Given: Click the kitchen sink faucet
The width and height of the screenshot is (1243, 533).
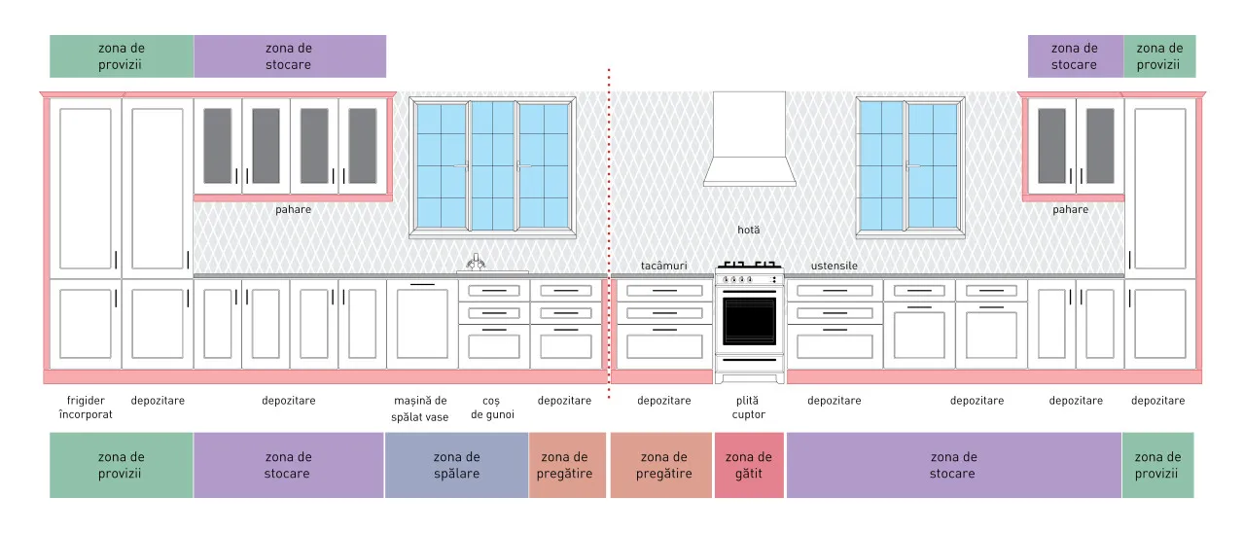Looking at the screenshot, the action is coord(476,262).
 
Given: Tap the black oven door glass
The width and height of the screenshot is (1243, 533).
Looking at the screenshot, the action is coord(749,321).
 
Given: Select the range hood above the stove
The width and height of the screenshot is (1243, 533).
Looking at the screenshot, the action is coord(749,139).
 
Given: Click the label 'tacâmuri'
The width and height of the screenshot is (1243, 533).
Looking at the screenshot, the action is coord(663,266).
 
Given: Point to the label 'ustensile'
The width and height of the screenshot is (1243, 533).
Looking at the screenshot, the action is coord(835,266).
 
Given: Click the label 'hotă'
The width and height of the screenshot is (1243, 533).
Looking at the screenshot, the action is coord(749,230).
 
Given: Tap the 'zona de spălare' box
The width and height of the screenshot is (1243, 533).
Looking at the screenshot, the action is coord(457,465).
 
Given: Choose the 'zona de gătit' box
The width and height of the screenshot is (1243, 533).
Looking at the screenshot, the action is coord(749,465).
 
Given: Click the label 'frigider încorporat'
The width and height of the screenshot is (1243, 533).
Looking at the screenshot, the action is coord(86,408).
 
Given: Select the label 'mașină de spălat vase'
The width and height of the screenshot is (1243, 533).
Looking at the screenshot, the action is coord(420,409).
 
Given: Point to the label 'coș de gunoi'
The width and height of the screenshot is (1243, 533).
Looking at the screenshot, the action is coord(492,408).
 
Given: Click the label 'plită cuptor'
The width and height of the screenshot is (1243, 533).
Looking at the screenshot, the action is coord(748,408).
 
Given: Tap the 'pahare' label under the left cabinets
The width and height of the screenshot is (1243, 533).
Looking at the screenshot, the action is coord(293,210).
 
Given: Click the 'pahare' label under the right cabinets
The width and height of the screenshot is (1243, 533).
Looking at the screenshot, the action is coord(1071,210).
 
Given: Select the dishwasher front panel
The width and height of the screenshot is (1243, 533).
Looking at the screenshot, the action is coord(422,324).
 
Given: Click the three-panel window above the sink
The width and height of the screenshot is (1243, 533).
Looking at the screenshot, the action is coord(493,167).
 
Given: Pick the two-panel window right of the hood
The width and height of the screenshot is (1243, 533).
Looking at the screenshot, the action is coord(910,167).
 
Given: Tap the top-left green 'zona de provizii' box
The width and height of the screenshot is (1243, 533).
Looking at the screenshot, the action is coord(122,56).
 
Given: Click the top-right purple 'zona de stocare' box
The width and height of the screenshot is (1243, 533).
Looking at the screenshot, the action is coord(1076,56).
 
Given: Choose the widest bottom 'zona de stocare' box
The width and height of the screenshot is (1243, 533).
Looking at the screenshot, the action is coord(954,465).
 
